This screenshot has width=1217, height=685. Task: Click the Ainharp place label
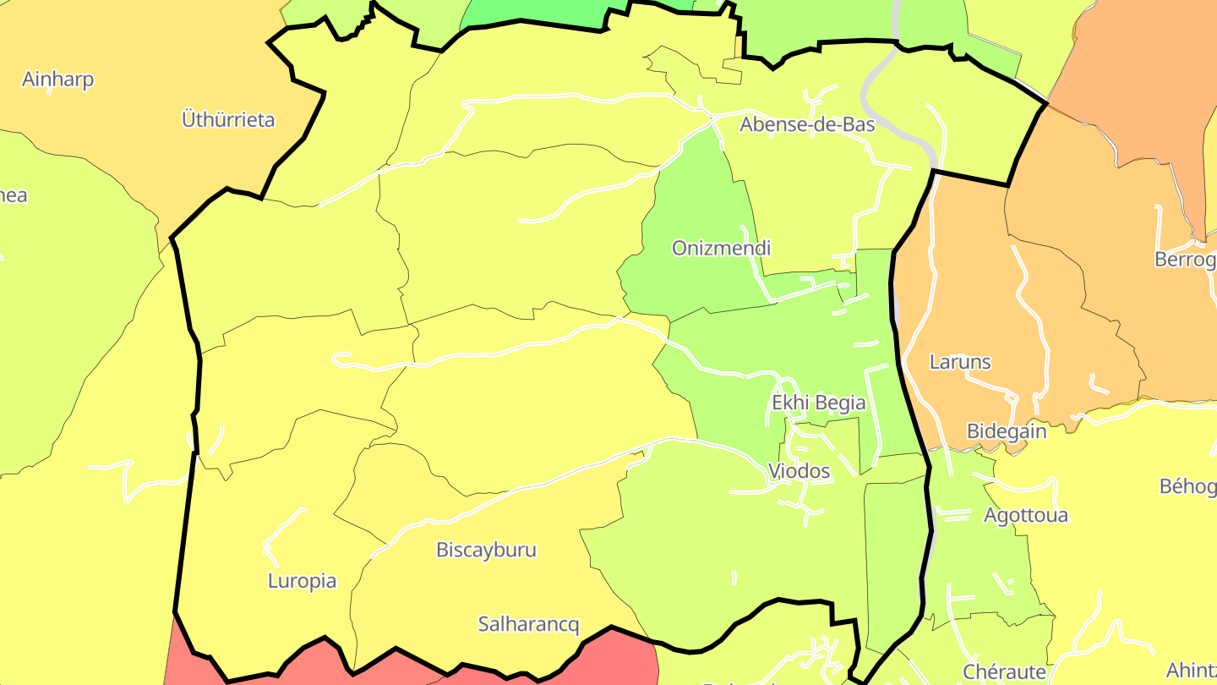[57, 79]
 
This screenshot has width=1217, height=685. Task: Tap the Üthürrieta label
[228, 119]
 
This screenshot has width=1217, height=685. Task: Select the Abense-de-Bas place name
[807, 124]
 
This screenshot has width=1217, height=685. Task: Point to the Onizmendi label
[721, 248]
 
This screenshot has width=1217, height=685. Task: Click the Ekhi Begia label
[818, 403]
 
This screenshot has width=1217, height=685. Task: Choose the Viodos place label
[799, 471]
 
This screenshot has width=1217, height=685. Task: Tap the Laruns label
[959, 362]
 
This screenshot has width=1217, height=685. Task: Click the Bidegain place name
[1006, 431]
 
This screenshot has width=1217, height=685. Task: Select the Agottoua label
[1025, 515]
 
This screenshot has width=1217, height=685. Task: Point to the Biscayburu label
[486, 550]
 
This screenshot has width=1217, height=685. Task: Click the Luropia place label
[302, 581]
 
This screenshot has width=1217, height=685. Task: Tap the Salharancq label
[528, 625]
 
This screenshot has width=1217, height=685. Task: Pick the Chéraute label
[1004, 672]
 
